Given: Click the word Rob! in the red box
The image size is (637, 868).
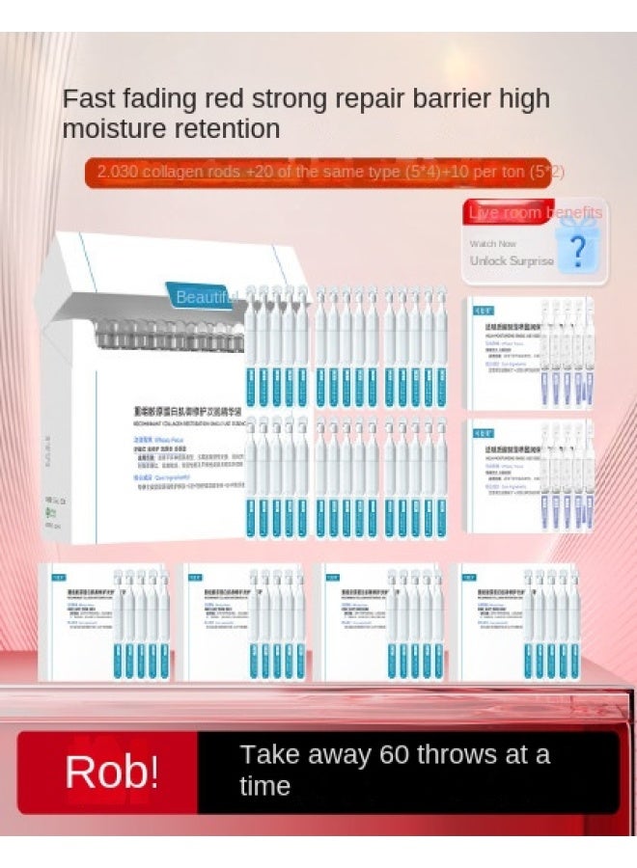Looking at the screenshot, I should click(111, 772).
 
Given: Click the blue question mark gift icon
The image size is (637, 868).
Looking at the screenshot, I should click(577, 251).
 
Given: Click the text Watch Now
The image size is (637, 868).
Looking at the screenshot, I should click(493, 244).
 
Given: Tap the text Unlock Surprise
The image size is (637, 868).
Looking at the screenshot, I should click(512, 260).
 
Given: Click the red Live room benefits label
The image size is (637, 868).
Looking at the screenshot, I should click(535, 213).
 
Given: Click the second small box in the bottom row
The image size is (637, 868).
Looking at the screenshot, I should click(242, 622).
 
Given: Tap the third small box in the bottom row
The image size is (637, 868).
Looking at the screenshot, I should click(380, 622).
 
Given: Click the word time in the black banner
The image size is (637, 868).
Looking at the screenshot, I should click(264, 786).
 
